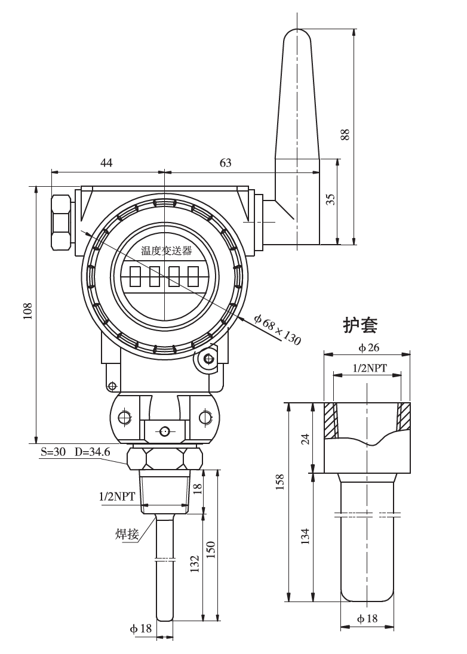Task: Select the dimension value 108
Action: [x=27, y=311]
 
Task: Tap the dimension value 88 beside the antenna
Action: [x=345, y=135]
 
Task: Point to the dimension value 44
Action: [x=107, y=162]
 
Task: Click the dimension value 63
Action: [x=226, y=162]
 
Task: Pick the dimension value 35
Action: [x=330, y=199]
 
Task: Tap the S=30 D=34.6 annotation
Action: [x=75, y=452]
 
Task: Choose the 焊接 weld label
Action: [x=127, y=533]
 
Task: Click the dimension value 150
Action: [x=210, y=548]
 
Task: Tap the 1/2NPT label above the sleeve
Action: [x=367, y=369]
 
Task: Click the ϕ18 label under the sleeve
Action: [x=367, y=619]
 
